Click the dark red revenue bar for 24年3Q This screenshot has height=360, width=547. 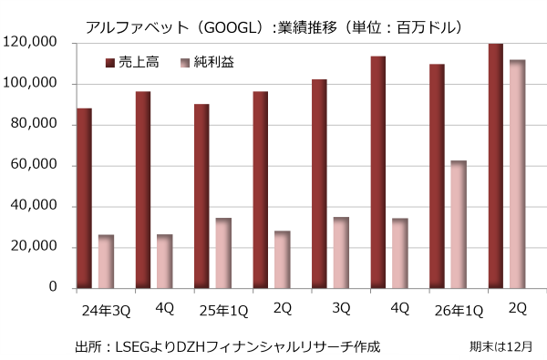[x=85, y=198]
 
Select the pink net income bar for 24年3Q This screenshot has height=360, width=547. [x=106, y=262]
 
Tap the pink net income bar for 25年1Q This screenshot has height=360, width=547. [x=223, y=253]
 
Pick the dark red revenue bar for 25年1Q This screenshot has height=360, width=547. [x=201, y=196]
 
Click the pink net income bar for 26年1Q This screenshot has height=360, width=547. [x=459, y=224]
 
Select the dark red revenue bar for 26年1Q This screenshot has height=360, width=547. [x=437, y=176]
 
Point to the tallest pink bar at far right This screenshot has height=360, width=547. [x=517, y=174]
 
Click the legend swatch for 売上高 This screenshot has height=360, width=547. [x=110, y=63]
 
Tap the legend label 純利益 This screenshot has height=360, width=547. [x=213, y=63]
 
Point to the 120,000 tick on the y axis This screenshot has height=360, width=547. [x=30, y=42]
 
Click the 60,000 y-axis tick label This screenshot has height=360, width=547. [x=34, y=164]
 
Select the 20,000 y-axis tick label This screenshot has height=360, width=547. [x=34, y=246]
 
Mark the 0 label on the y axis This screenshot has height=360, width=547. [x=53, y=287]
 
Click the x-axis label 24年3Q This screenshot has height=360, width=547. [x=106, y=311]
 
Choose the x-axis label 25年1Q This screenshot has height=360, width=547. [x=223, y=311]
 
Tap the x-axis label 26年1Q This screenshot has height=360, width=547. [x=459, y=311]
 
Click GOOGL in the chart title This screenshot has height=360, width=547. [x=231, y=27]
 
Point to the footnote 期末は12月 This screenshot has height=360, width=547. [x=501, y=346]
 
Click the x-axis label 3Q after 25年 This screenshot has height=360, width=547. [x=341, y=308]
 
